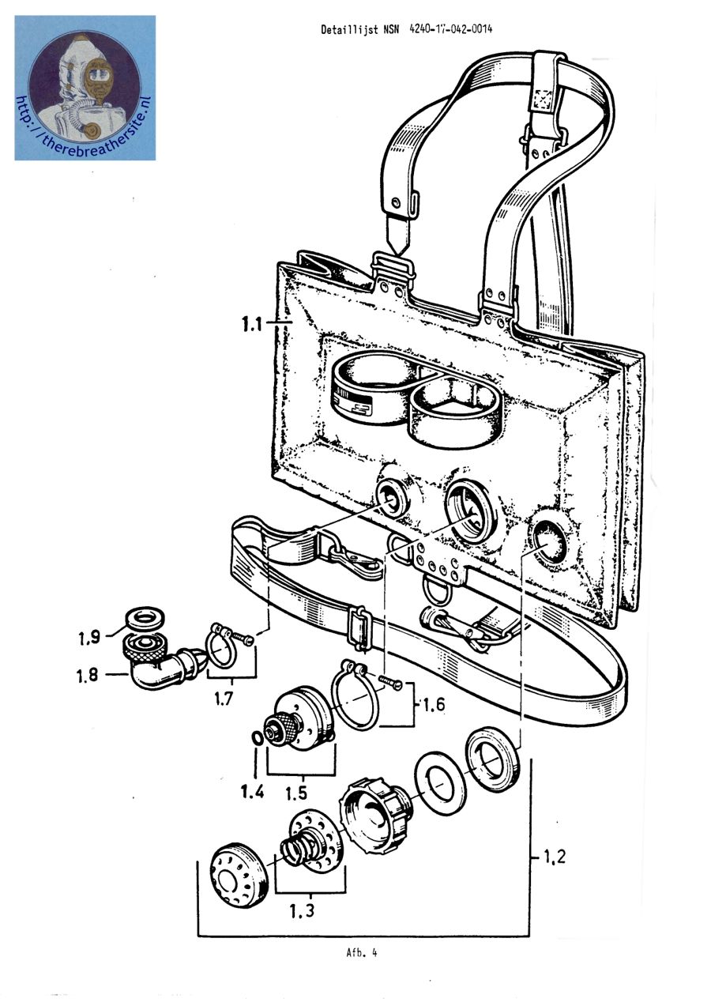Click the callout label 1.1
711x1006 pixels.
pos(253,323)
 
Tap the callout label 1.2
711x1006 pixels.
pos(555,855)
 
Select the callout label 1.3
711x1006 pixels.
pos(302,910)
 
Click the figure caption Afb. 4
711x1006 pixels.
pos(361,952)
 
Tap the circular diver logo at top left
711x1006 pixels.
pos(85,87)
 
